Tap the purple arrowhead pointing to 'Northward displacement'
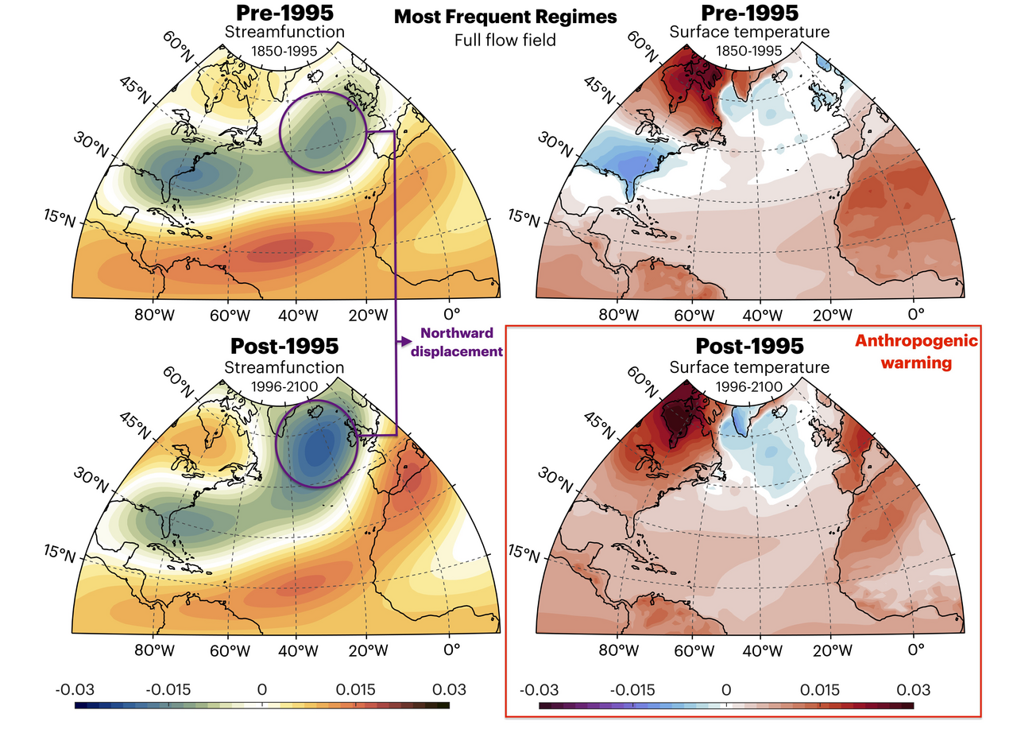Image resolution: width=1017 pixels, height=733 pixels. click(408, 341)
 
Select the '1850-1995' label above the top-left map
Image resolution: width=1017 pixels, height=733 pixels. click(284, 51)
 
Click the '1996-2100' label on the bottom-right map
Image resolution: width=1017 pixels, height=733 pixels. click(748, 386)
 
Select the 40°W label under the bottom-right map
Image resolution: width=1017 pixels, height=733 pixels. click(760, 650)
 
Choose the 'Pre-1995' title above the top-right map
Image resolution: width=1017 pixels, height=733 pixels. click(748, 14)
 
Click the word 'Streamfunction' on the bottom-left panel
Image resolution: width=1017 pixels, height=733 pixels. click(284, 367)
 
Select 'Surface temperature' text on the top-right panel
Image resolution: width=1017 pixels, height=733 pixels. click(748, 33)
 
